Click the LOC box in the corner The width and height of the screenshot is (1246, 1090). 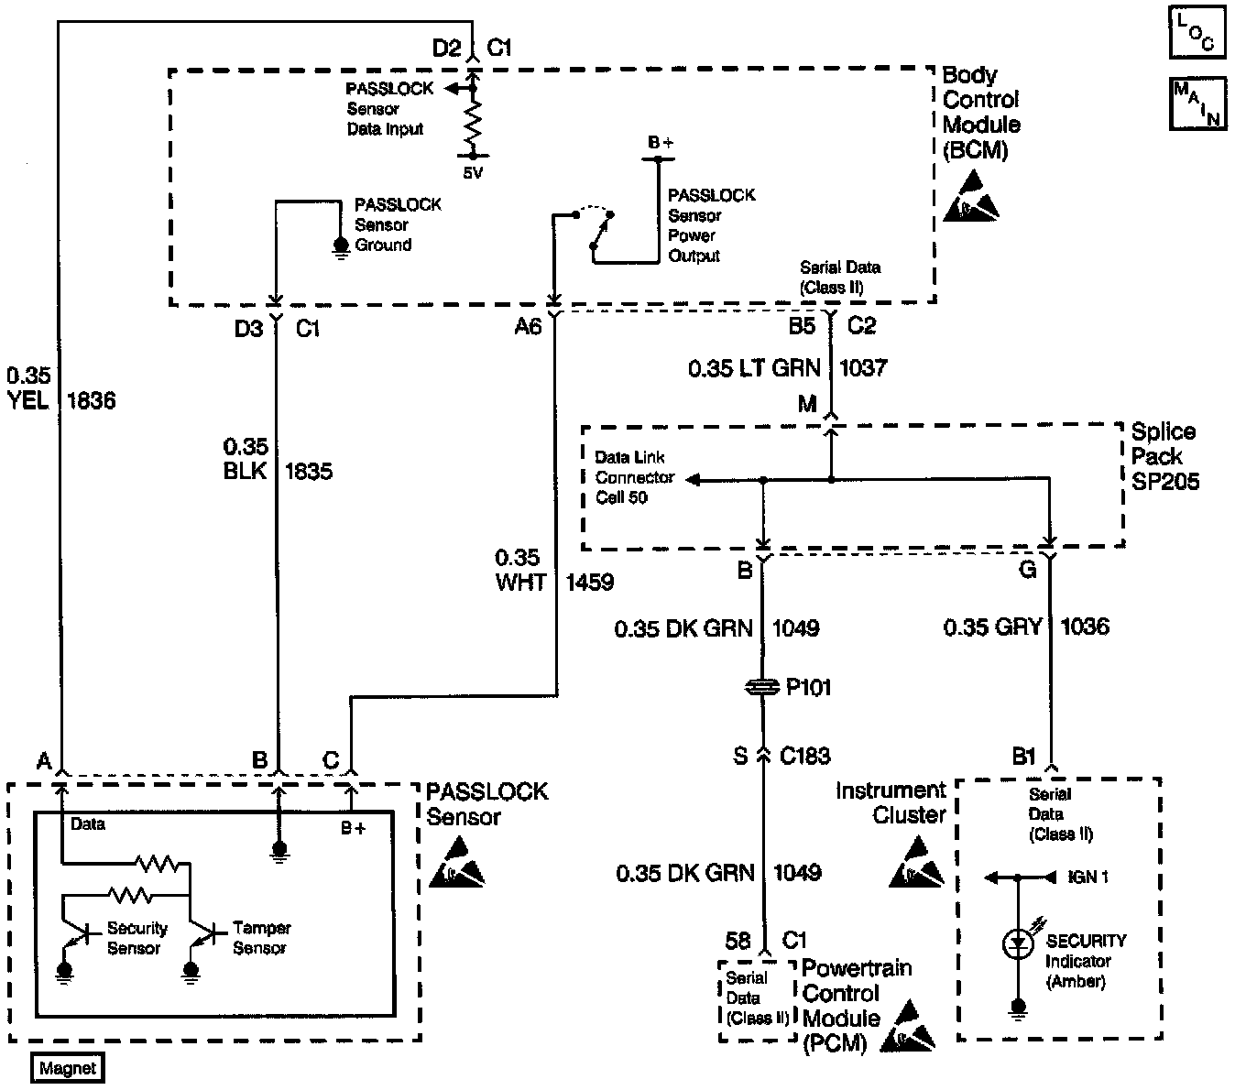click(1195, 32)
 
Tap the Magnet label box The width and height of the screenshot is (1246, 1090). click(68, 1068)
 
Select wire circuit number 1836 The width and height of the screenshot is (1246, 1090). click(92, 400)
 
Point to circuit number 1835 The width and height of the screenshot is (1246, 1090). click(309, 471)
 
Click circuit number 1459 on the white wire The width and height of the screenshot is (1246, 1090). click(589, 582)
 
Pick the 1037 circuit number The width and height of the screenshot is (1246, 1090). click(863, 368)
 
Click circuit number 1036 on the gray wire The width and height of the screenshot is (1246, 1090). click(1085, 627)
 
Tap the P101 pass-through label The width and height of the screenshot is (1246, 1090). click(808, 687)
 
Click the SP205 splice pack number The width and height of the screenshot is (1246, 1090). click(1165, 481)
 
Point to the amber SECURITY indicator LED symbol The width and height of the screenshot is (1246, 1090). click(1018, 943)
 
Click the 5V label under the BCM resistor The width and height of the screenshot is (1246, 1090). click(472, 173)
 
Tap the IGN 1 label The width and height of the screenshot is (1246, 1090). click(1088, 877)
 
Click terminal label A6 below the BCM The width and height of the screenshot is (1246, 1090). click(528, 326)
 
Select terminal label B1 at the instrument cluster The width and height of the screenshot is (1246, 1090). click(1023, 757)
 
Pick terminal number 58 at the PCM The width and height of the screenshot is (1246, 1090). click(738, 941)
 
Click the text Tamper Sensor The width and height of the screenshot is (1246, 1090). click(261, 938)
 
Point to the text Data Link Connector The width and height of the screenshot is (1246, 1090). click(635, 467)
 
